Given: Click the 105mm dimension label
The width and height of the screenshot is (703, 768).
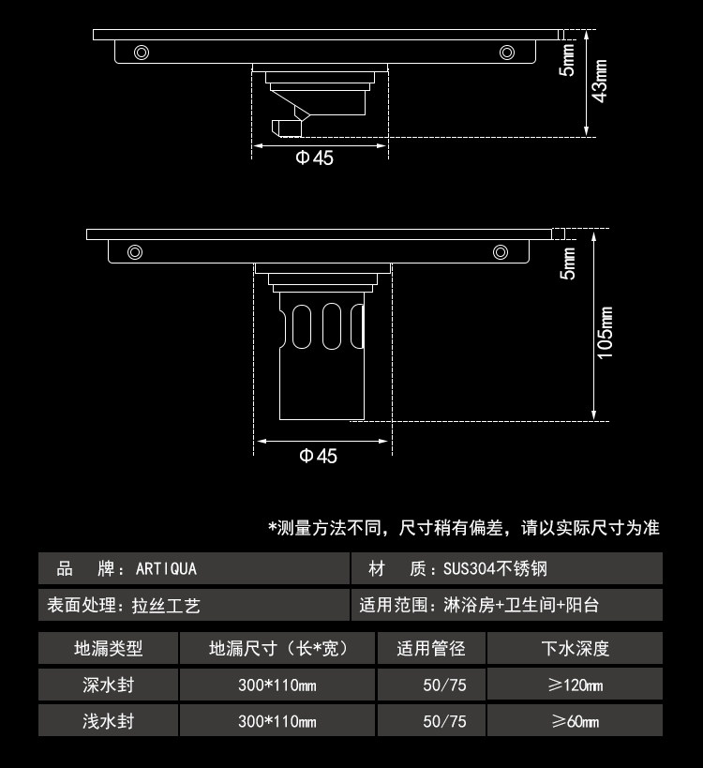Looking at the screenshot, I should coord(605,332).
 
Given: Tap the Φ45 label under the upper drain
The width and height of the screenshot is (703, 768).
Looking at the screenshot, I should coord(315,158).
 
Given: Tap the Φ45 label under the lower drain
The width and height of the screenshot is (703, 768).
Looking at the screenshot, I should coord(318,456).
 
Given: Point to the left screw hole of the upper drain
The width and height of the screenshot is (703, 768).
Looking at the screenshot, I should coord(141,51).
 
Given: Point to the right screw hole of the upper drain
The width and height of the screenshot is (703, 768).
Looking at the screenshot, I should coord(507,51).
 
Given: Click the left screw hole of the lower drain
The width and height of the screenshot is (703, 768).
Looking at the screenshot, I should coord(135,251).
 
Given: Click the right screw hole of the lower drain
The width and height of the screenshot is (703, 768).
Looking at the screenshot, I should coord(502,251).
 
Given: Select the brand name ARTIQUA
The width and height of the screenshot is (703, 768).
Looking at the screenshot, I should coord(166,568).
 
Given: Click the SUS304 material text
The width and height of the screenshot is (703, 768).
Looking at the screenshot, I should coord(496,568).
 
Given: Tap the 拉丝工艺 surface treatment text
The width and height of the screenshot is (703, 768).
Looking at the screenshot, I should coord(166,606).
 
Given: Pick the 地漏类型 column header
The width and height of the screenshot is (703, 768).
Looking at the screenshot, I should coord(109,648).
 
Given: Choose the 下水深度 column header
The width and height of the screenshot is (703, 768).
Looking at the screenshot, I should coord(575,648).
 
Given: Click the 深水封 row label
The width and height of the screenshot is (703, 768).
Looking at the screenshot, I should coord(109,685).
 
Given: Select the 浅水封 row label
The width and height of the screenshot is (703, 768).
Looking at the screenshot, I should coord(109,721).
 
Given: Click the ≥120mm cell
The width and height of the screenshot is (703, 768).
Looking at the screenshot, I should coord(575,685).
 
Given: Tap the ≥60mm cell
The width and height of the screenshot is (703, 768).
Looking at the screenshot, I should coord(575,721).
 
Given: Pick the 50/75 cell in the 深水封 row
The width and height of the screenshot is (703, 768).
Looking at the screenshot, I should coord(444,685).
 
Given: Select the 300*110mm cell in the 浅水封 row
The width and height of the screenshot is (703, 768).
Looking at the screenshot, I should coord(277,721).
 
